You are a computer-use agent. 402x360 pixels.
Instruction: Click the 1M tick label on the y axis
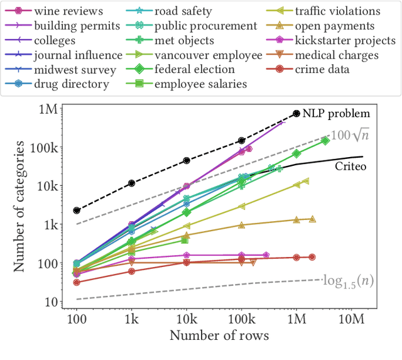(x=48, y=109)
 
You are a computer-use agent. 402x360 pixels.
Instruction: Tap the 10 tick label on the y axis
(x=50, y=302)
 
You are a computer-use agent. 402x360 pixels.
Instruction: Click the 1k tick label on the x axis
(x=131, y=320)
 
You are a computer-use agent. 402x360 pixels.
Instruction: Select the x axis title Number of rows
(x=219, y=335)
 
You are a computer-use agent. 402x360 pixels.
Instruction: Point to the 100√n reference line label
(x=350, y=135)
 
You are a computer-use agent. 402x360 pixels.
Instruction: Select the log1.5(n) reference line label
(x=348, y=281)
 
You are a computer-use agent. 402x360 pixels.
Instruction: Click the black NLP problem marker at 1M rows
(x=296, y=114)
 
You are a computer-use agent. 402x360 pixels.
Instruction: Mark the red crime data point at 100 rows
(x=77, y=282)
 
